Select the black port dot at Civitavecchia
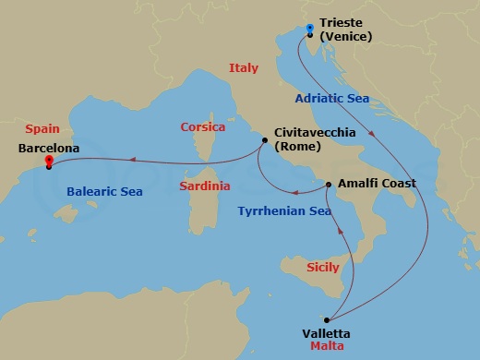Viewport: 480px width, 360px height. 265,140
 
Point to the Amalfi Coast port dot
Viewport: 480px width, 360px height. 329,185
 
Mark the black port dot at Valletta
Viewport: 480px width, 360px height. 326,319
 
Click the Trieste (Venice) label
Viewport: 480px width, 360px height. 345,30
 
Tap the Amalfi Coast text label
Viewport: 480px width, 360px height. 378,184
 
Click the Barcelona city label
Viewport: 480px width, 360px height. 49,147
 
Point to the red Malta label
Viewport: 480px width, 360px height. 328,348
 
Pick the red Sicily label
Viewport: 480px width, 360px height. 322,266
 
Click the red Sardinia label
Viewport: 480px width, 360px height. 206,186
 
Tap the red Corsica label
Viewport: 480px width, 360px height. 203,126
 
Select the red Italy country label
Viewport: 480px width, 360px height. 244,67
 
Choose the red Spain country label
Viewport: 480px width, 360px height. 42,130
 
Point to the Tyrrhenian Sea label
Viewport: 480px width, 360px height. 284,211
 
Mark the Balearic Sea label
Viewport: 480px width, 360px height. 103,192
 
